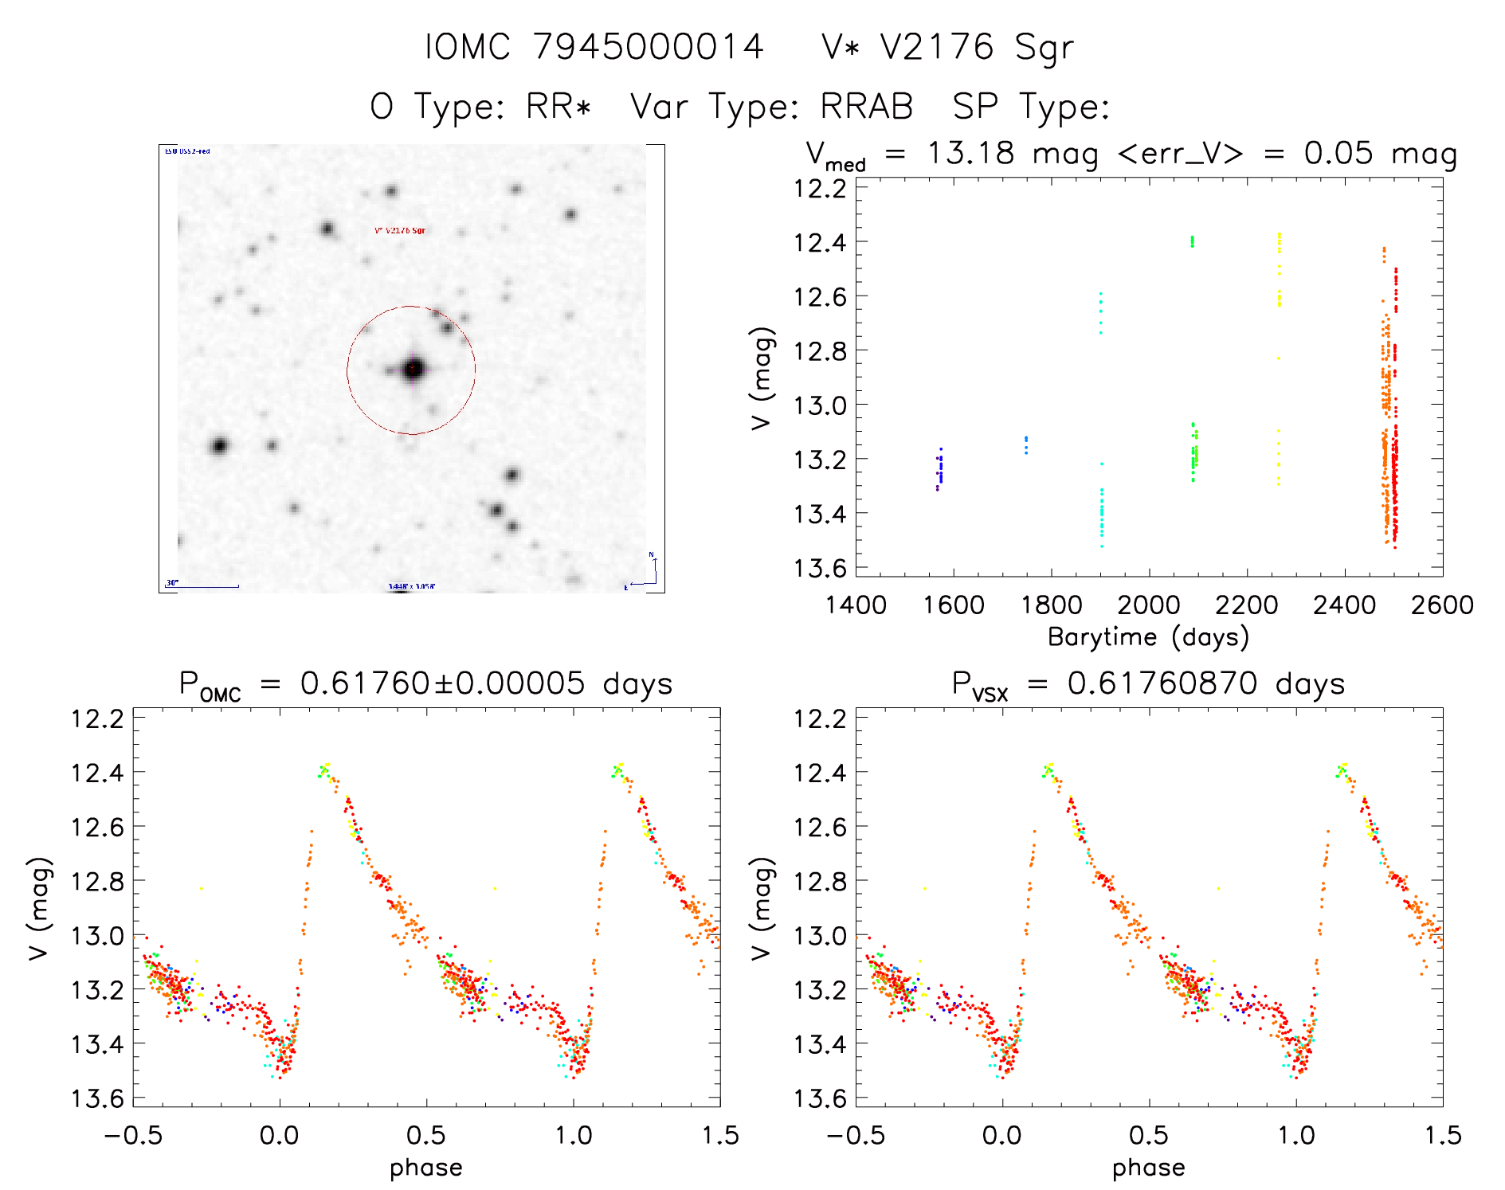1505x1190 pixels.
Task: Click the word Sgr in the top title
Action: [1044, 47]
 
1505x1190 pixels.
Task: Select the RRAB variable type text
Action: [867, 106]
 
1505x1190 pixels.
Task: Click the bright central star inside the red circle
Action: [413, 369]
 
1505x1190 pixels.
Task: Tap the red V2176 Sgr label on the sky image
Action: [400, 231]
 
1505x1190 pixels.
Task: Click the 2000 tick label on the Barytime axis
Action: [1148, 605]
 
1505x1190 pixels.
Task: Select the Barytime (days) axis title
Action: [1148, 636]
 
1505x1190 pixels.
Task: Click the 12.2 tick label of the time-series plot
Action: [820, 189]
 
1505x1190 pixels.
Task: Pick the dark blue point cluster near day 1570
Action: [940, 468]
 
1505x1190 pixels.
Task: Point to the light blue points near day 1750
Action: [1026, 444]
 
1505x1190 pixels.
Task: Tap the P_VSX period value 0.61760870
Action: [1162, 683]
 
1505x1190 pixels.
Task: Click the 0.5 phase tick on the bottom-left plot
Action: [426, 1135]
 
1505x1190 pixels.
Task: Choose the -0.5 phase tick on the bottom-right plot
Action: [856, 1135]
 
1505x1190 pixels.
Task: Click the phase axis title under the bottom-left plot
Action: [426, 1167]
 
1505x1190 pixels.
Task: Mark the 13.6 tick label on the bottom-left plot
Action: [98, 1098]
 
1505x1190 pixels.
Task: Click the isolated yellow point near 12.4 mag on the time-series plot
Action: [1280, 236]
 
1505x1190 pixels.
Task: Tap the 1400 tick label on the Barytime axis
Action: [856, 605]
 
